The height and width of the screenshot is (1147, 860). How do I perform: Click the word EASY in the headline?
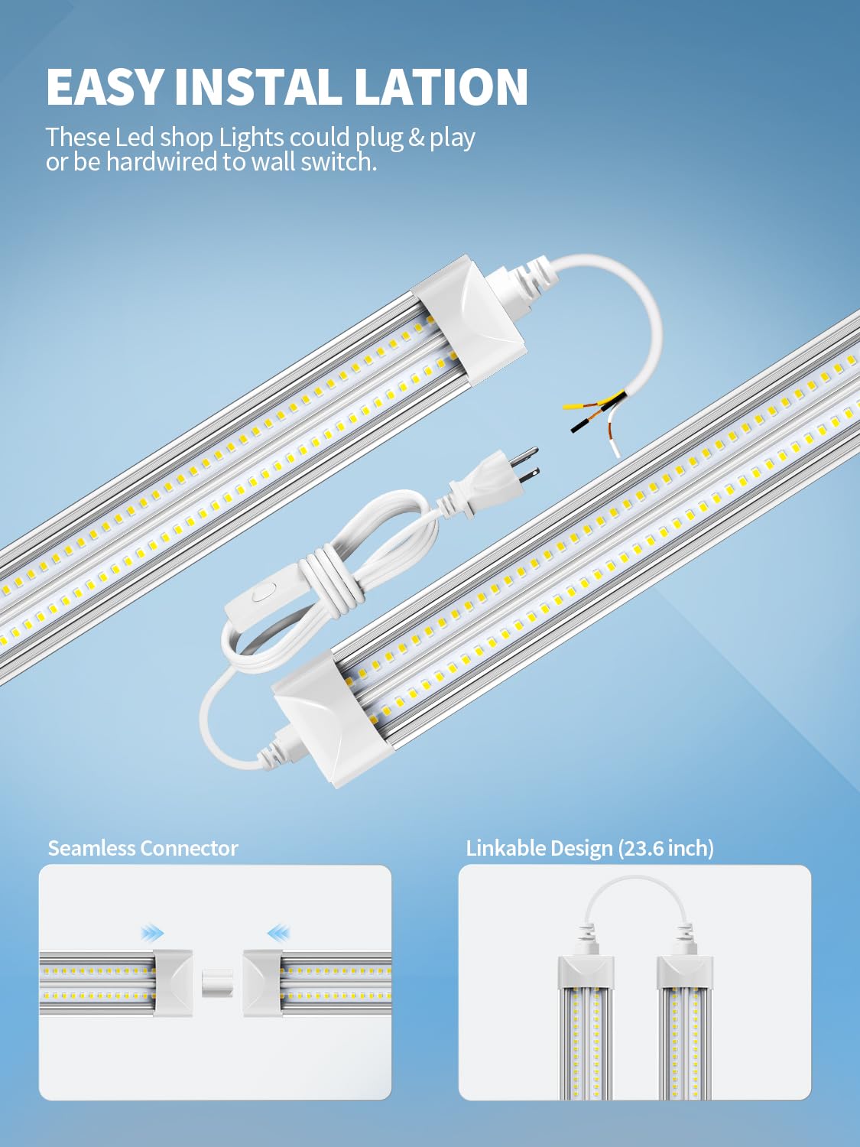[105, 86]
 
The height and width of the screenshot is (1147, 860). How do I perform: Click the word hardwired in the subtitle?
[161, 162]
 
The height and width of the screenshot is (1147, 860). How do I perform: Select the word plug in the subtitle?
[379, 138]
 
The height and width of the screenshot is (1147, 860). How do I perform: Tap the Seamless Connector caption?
[143, 849]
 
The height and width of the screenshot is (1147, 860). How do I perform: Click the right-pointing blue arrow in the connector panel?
[153, 932]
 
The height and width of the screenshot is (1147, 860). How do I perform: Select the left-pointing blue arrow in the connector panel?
[278, 932]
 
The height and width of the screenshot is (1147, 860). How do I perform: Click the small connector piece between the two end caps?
[217, 983]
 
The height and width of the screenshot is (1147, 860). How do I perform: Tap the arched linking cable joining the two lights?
[635, 887]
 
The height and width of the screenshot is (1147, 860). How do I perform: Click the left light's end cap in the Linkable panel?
[586, 971]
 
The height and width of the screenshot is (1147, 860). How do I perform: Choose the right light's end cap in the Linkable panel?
[685, 971]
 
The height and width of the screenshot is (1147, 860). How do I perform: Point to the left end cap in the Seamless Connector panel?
[173, 982]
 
